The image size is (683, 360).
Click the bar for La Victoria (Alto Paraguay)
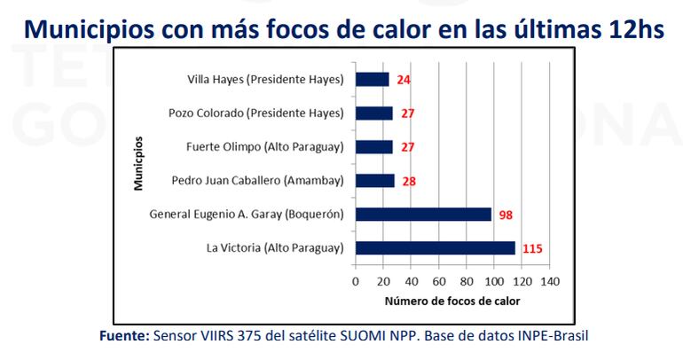tap(435, 248)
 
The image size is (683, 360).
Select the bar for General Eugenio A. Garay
tap(423, 215)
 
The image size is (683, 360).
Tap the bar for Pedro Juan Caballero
tap(374, 181)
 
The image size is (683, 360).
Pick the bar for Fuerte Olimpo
tap(373, 147)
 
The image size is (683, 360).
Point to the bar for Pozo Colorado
tap(373, 113)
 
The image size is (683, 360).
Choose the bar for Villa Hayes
tap(372, 80)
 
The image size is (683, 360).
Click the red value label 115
tap(531, 249)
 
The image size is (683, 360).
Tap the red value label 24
tap(404, 81)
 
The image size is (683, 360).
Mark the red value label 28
tap(408, 182)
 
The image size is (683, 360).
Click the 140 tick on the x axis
tap(551, 281)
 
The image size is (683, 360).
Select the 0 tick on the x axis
tap(356, 281)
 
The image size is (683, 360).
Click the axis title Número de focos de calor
tap(452, 301)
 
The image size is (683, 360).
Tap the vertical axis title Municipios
tap(139, 164)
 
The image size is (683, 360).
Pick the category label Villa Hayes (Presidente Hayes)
tap(265, 80)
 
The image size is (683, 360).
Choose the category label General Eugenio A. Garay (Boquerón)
tap(246, 215)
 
